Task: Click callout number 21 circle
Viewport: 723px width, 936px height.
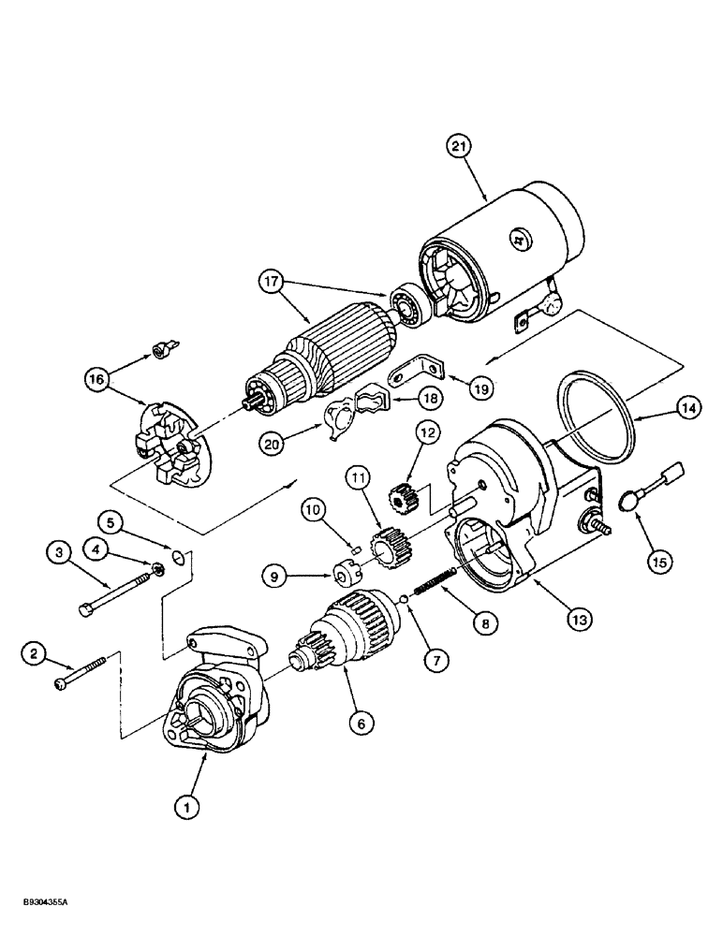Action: pos(460,147)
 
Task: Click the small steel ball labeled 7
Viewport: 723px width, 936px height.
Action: pos(404,600)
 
